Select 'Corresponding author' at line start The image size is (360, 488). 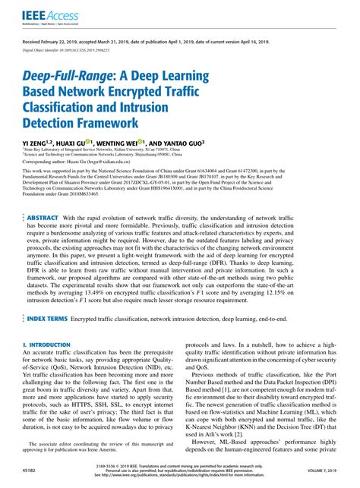42,162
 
